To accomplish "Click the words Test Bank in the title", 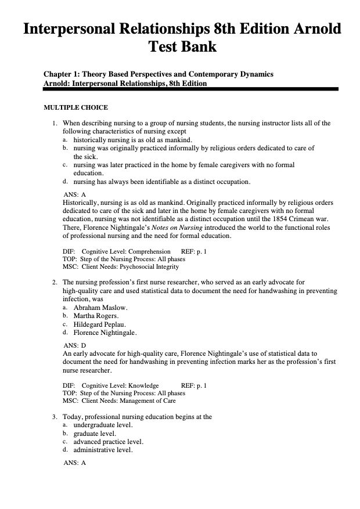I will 182,47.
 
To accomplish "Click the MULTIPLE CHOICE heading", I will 75,107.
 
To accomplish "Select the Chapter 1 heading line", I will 159,74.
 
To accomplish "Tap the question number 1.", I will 53,123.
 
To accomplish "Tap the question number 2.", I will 53,282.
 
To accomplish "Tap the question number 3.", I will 53,417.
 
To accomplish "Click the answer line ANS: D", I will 74,345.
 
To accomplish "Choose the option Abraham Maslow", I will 100,307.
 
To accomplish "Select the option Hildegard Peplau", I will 100,324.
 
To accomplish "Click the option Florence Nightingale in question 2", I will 105,333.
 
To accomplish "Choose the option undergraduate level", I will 103,425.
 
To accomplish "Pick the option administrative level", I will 103,450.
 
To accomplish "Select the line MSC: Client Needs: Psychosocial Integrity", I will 120,267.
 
